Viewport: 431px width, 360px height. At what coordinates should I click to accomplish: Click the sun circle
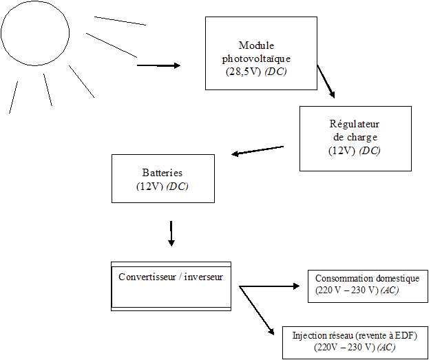coord(69,33)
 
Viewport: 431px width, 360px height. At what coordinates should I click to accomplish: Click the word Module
coord(256,45)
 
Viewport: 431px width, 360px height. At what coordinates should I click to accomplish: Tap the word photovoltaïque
coord(256,59)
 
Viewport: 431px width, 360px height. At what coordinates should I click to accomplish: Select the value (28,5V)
coord(244,72)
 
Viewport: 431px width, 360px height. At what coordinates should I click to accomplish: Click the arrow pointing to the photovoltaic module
coord(158,65)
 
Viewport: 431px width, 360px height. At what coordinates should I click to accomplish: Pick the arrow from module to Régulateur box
coord(326,81)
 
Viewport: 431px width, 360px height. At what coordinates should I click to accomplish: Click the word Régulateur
coord(355,124)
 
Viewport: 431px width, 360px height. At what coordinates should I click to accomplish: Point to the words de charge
coord(355,137)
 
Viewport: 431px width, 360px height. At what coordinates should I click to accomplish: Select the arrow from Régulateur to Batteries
coord(257,151)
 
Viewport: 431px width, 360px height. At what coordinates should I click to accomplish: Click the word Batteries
coord(162,173)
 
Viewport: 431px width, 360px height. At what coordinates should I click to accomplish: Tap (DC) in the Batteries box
coord(178,187)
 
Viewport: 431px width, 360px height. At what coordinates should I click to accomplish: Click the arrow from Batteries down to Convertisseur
coord(171,233)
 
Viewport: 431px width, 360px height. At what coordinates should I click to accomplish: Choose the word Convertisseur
coord(147,277)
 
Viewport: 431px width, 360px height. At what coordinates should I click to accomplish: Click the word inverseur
coord(203,277)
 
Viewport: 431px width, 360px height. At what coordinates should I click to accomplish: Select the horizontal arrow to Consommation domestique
coord(269,286)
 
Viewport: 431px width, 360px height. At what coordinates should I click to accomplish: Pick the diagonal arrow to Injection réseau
coord(257,310)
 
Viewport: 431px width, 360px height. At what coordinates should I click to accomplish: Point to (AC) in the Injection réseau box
coord(386,348)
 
